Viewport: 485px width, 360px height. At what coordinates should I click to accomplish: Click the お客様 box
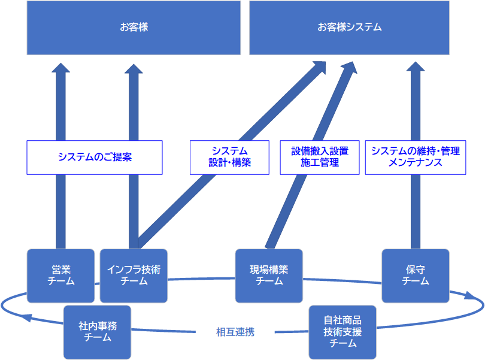click(x=134, y=28)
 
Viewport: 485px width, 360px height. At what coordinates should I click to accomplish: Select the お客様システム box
click(x=349, y=28)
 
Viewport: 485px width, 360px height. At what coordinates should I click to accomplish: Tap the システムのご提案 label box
click(x=95, y=158)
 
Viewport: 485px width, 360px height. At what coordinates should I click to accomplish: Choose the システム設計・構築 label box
click(x=229, y=158)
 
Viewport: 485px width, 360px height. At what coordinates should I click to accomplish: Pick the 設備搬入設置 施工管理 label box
click(x=320, y=158)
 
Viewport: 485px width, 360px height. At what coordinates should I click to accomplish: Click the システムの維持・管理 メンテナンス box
click(x=416, y=158)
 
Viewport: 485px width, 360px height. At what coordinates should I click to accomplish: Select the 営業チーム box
click(x=60, y=276)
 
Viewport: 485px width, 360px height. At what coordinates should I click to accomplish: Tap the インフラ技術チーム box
click(x=134, y=276)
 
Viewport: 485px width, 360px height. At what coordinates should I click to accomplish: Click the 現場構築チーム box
click(x=269, y=276)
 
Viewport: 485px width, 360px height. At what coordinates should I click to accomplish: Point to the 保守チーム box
click(x=416, y=276)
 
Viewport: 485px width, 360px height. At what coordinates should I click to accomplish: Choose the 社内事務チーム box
click(x=97, y=332)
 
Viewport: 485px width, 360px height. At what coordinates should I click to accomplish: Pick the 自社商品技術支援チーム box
click(x=342, y=332)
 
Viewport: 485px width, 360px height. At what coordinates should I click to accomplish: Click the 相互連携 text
click(x=235, y=332)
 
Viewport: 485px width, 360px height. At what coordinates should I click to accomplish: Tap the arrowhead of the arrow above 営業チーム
click(x=60, y=68)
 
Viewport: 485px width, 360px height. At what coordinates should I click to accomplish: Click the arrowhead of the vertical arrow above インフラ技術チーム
click(x=134, y=68)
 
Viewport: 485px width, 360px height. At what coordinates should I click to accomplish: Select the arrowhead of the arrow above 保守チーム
click(x=416, y=66)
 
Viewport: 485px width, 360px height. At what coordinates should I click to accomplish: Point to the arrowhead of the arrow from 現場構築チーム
click(x=350, y=67)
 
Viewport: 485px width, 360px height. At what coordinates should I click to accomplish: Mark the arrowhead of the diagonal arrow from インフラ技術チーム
click(x=320, y=67)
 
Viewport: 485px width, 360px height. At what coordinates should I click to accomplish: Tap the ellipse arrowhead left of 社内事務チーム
click(x=25, y=317)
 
